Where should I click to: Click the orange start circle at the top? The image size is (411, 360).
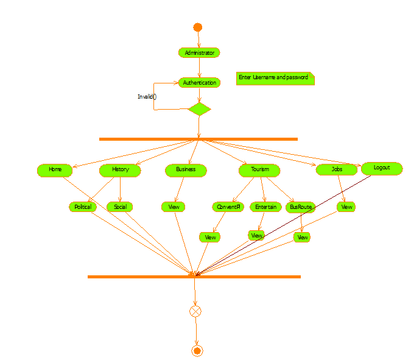tap(197, 27)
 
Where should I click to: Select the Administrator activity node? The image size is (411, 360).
tap(199, 53)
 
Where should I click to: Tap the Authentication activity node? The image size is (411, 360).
tap(199, 82)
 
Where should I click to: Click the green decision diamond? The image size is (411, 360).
tap(199, 110)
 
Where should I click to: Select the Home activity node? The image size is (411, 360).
tap(55, 170)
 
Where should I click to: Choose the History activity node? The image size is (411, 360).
tap(120, 170)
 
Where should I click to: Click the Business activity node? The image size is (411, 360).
tap(186, 170)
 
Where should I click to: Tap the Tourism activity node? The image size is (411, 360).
tap(259, 170)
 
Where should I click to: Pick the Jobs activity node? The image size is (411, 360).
tap(336, 170)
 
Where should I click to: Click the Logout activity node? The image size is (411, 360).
tap(382, 168)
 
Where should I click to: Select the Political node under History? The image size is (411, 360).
tap(83, 207)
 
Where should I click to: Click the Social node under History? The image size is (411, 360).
tap(120, 207)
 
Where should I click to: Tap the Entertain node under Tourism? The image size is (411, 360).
tap(265, 207)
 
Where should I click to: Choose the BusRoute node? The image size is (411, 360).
tap(300, 207)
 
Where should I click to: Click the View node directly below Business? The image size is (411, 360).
tap(173, 207)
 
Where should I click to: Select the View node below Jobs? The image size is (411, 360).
tap(346, 207)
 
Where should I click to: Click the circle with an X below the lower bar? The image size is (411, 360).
tap(195, 311)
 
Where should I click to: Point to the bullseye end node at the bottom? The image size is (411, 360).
tap(197, 350)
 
